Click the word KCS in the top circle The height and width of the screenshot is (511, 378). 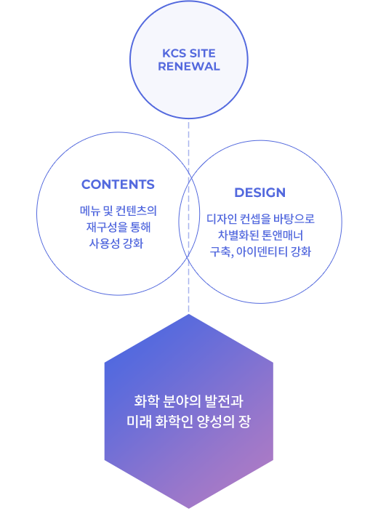tap(174, 53)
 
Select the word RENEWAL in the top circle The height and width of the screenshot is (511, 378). tap(189, 66)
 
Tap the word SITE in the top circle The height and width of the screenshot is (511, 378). tap(202, 53)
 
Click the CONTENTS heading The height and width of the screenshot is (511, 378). tap(118, 185)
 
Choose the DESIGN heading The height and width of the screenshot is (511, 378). tap(260, 193)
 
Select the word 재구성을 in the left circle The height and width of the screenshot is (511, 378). tap(107, 227)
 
